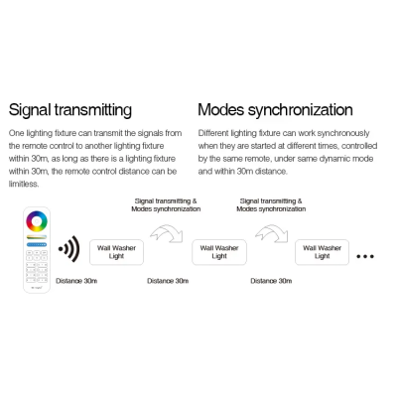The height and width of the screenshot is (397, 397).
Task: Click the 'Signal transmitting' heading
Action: (x=70, y=110)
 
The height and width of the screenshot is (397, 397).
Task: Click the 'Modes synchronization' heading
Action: (x=275, y=110)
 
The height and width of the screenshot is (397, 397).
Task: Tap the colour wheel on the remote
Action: (x=37, y=221)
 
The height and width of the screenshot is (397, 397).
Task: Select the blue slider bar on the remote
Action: (x=37, y=244)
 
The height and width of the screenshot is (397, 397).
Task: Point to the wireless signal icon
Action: (x=69, y=249)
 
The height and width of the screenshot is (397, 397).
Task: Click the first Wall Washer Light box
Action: (x=116, y=252)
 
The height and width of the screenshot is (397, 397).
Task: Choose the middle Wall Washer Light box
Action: (x=219, y=252)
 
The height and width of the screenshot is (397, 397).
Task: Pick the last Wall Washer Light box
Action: (x=322, y=252)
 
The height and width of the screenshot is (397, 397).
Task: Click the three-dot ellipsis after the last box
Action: (x=365, y=256)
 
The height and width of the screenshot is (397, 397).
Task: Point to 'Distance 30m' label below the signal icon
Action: (x=76, y=281)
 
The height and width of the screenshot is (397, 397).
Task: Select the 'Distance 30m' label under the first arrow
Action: (x=168, y=281)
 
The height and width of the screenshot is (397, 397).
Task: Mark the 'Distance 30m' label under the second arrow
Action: (x=271, y=281)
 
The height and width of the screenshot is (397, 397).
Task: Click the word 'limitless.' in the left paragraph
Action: (x=24, y=184)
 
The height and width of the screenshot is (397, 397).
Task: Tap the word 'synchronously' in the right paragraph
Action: (x=343, y=133)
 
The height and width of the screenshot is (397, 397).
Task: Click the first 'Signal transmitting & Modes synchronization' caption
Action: (x=166, y=205)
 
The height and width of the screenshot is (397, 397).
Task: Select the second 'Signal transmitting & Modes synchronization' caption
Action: (x=271, y=205)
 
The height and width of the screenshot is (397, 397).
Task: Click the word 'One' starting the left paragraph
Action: (x=16, y=133)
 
